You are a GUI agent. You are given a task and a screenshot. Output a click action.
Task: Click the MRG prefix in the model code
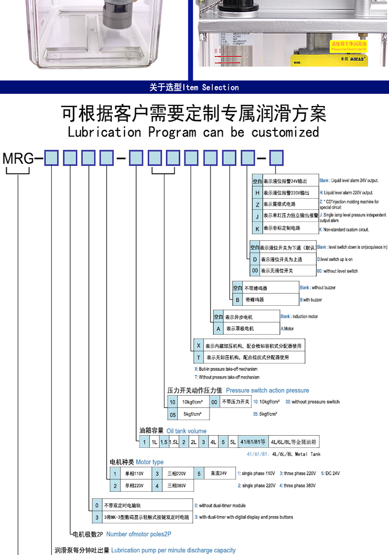(18, 159)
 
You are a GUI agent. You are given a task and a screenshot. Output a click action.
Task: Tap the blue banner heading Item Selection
(194, 87)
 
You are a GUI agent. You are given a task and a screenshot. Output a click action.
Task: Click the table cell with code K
(257, 228)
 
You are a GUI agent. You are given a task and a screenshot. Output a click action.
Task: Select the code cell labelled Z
(257, 204)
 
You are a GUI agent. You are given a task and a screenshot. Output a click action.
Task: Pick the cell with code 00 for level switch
(255, 271)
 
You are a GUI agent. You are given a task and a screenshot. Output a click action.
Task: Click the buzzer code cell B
(237, 300)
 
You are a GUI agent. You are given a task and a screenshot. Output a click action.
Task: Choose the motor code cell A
(218, 329)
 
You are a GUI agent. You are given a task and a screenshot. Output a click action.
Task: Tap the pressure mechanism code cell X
(198, 346)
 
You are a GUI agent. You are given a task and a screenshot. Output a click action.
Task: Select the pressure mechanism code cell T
(198, 357)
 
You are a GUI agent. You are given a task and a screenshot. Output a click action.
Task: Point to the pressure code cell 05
(173, 413)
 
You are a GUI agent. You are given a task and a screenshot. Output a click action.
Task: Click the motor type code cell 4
(157, 486)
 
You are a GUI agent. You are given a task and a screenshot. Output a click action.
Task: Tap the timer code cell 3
(97, 517)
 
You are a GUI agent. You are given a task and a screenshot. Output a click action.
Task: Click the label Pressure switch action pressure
(267, 391)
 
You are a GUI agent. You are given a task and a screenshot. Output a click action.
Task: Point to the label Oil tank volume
(186, 431)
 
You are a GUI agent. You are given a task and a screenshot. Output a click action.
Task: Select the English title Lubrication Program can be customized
(193, 133)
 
